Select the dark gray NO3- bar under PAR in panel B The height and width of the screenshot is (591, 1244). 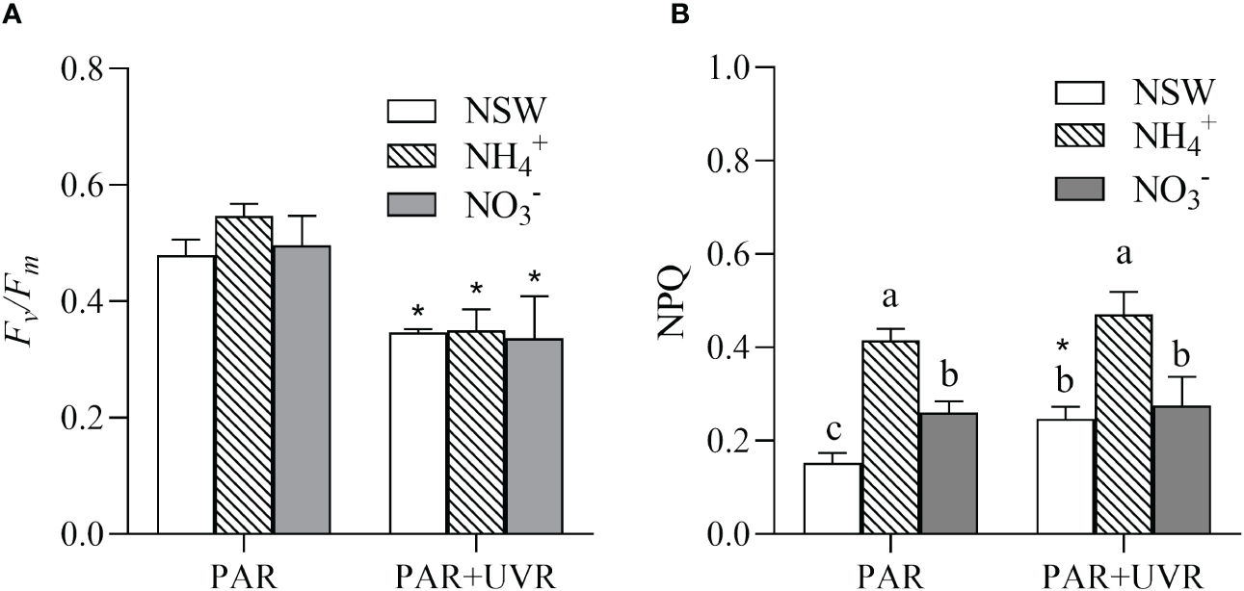(x=949, y=473)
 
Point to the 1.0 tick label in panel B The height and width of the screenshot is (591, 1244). (x=730, y=69)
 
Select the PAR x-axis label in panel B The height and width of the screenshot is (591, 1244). (x=891, y=574)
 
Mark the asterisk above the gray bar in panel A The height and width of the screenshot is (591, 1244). (x=533, y=280)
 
